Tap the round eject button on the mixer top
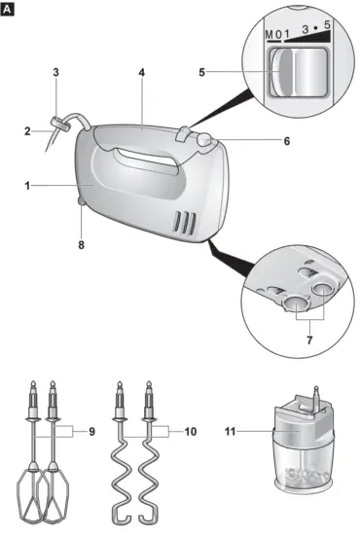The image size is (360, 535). tap(203, 140)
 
